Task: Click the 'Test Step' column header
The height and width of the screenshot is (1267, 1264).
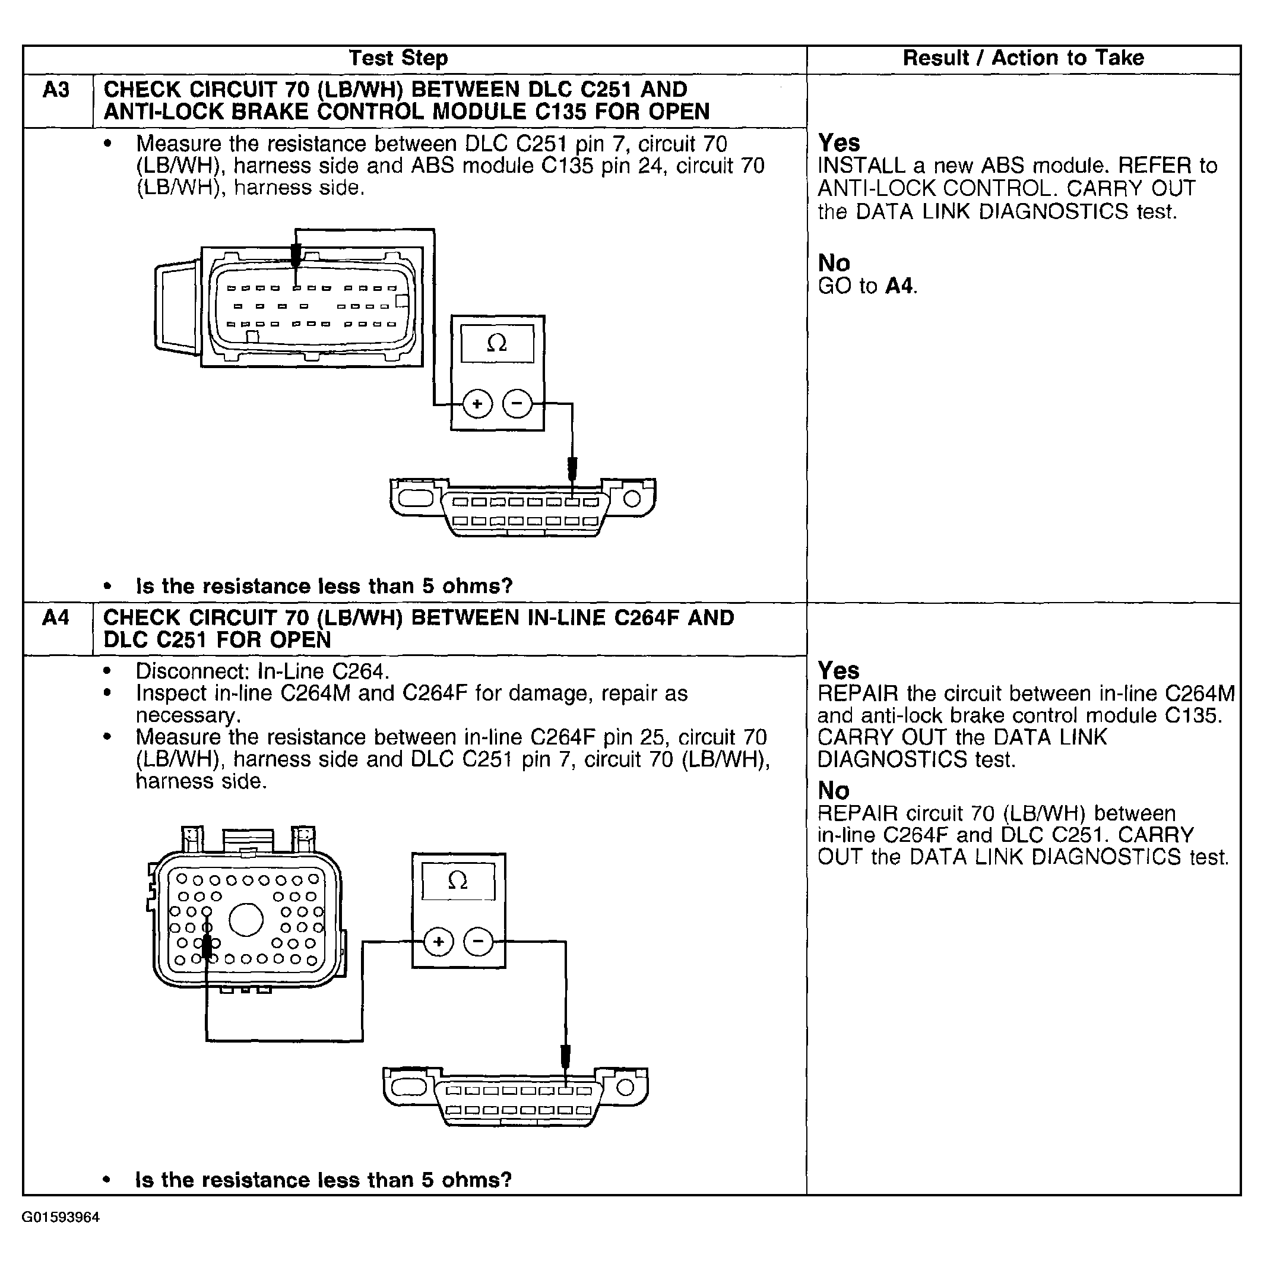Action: point(398,58)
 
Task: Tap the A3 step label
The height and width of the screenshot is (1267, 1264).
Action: point(56,90)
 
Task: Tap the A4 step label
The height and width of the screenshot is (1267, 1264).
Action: point(56,617)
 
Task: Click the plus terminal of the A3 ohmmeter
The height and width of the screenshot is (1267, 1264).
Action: point(477,404)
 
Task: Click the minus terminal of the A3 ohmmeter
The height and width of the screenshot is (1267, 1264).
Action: point(517,404)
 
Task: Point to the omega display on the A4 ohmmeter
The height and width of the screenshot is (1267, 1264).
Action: point(458,880)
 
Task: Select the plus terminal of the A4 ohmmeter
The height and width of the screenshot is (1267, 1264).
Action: point(438,942)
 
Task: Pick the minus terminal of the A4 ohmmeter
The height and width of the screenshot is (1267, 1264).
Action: point(478,942)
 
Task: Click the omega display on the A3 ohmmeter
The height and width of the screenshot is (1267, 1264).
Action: point(497,343)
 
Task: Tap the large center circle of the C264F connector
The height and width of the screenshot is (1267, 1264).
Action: point(246,920)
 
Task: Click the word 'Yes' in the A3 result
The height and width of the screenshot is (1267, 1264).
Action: point(838,143)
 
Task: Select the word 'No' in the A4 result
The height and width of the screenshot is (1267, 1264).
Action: point(833,791)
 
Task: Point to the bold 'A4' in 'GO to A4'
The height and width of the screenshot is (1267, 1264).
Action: point(899,287)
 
